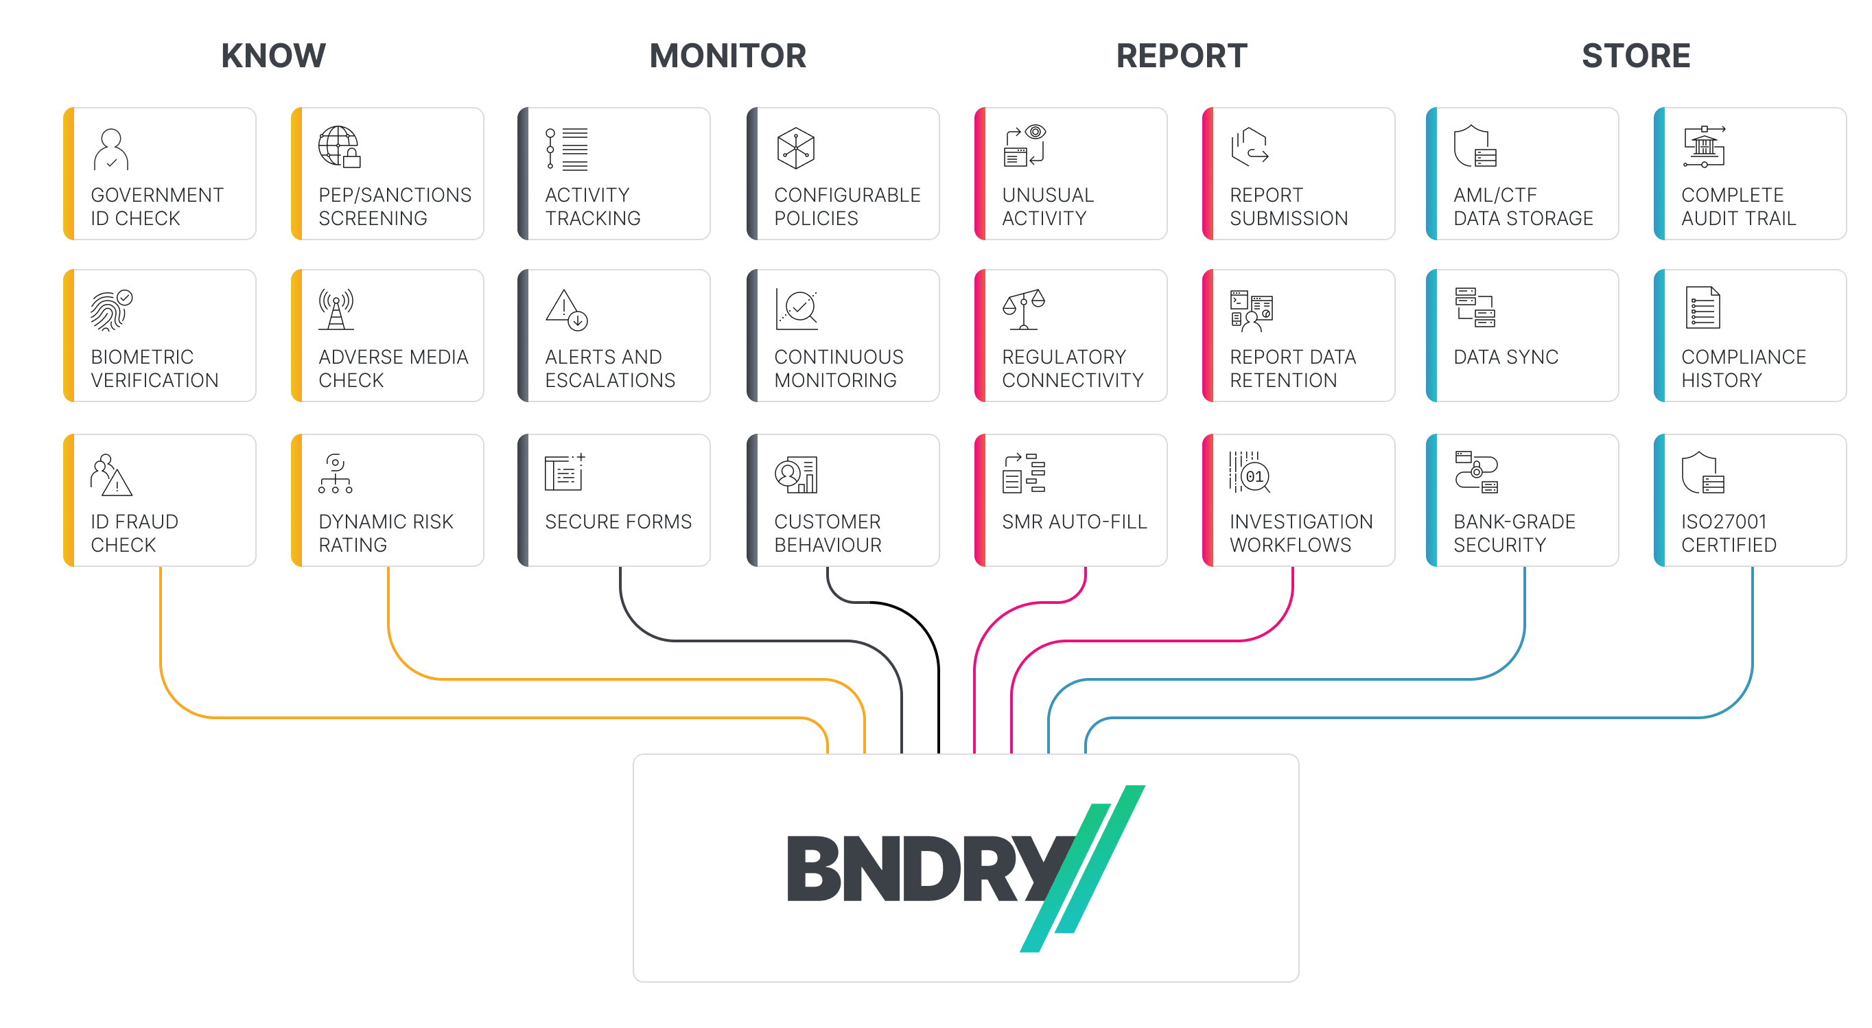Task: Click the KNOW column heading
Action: (x=273, y=56)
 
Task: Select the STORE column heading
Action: (x=1635, y=56)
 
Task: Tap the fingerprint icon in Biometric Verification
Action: (x=110, y=309)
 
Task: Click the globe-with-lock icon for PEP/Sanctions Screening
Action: (x=338, y=147)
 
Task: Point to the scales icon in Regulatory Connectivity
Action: (x=1023, y=309)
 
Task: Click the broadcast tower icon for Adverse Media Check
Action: (x=336, y=309)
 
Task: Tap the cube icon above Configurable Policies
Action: (x=795, y=148)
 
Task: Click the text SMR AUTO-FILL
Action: (x=1073, y=522)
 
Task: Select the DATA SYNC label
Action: (x=1505, y=357)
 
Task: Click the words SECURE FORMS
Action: (x=618, y=522)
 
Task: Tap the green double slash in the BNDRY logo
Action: (x=1082, y=868)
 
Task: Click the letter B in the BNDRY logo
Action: (x=814, y=868)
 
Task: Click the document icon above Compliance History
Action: (x=1702, y=308)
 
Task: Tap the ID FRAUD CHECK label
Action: (x=134, y=533)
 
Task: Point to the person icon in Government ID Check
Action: (x=110, y=150)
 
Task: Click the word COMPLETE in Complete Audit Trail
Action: (x=1732, y=195)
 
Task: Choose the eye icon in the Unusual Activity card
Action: (x=1035, y=132)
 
